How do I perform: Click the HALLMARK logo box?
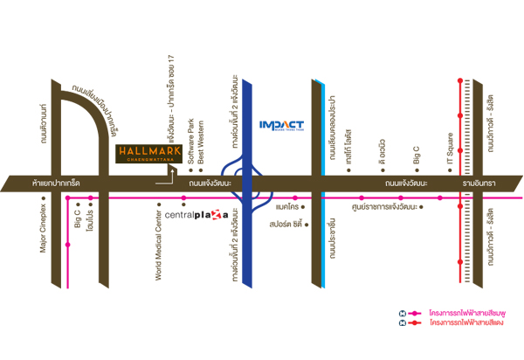pos(149,154)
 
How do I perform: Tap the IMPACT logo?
pos(281,126)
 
